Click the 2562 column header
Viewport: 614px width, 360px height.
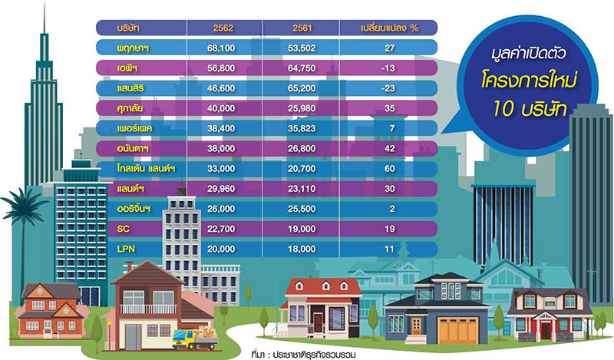223,28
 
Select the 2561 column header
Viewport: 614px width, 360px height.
302,28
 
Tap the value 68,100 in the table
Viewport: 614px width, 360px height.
221,48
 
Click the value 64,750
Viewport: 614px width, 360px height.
302,68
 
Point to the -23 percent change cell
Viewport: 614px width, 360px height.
388,88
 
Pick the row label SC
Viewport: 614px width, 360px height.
123,229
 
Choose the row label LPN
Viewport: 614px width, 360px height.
126,249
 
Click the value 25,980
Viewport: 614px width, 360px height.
302,108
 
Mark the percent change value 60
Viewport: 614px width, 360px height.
390,169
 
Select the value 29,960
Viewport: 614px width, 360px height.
221,189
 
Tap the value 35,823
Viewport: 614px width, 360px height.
302,128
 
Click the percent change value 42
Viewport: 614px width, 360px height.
390,148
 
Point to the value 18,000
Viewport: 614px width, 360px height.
302,249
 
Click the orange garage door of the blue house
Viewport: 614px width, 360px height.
457,331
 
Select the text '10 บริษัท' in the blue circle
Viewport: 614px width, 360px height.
530,108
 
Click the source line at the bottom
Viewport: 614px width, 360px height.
303,355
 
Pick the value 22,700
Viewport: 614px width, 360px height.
221,229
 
